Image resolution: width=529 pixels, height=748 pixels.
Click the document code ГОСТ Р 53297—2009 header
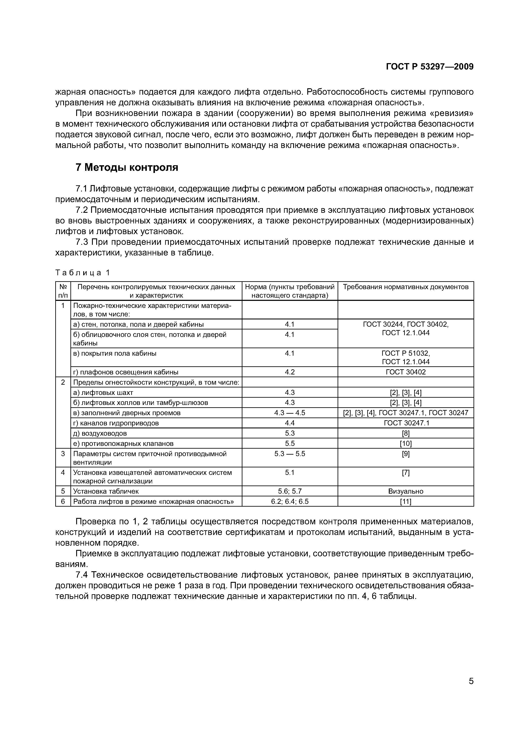click(429, 67)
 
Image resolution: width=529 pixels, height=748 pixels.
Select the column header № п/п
click(63, 291)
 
